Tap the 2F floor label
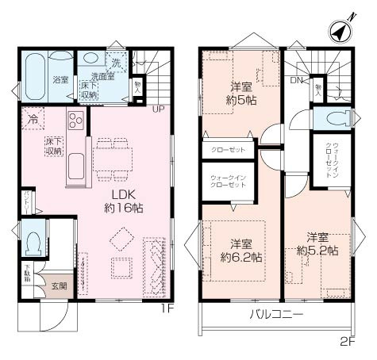(x=346, y=342)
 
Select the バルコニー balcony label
(x=276, y=315)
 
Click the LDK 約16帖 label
(x=122, y=198)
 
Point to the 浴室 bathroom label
(x=61, y=80)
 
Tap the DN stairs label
(x=295, y=81)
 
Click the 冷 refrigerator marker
(x=33, y=120)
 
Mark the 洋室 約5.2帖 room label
(x=317, y=243)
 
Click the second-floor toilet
(x=333, y=119)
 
